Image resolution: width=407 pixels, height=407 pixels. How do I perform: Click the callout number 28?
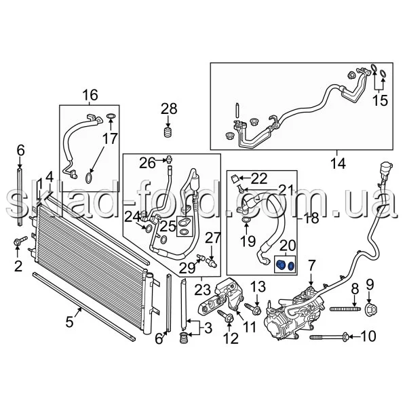[169, 109]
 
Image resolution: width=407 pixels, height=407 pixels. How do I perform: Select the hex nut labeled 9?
[370, 309]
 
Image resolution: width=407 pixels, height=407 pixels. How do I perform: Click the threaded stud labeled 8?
[345, 309]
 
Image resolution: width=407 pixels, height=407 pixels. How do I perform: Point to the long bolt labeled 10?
[329, 337]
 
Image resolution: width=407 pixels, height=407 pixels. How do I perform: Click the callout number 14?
[338, 163]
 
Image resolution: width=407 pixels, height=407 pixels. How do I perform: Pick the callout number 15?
[380, 100]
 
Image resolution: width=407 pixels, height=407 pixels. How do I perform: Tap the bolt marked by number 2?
[20, 241]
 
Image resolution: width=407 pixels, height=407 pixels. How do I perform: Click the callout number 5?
[69, 322]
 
